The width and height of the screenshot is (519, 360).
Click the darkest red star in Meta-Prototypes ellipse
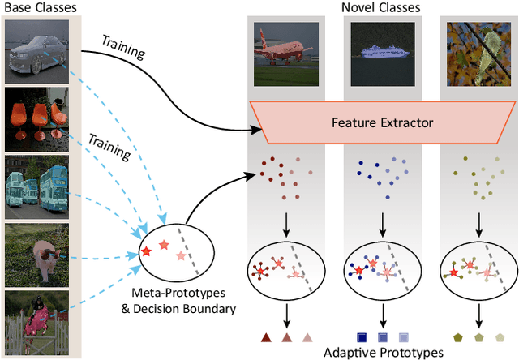[x=146, y=251]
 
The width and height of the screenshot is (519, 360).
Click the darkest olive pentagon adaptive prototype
[x=459, y=336]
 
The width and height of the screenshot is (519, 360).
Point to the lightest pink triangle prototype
[x=307, y=336]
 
